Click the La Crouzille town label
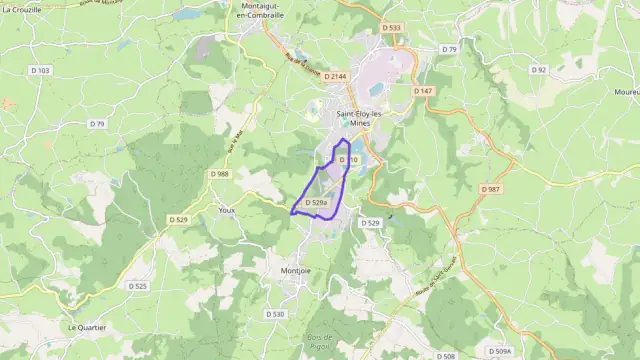click(21, 8)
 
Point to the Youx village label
click(227, 210)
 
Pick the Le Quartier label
click(87, 327)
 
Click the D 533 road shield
click(391, 28)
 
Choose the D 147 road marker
click(424, 91)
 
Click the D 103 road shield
click(39, 69)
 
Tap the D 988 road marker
click(220, 174)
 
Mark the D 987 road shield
click(491, 189)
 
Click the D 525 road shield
click(138, 286)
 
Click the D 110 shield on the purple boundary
click(347, 159)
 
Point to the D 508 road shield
click(446, 356)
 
